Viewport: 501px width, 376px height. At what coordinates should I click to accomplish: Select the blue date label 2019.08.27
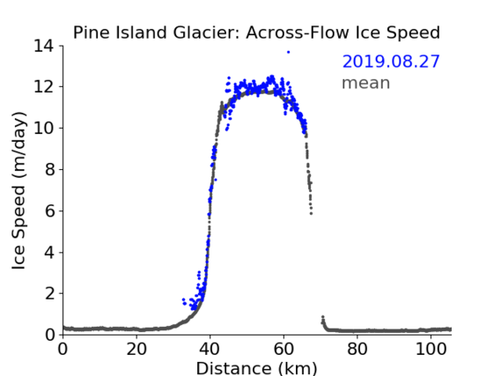[x=391, y=62]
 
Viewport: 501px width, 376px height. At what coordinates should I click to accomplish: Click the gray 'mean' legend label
[x=366, y=83]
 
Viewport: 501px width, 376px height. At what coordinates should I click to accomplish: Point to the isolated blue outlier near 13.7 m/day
[x=288, y=52]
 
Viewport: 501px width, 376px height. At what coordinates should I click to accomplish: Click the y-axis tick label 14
[x=43, y=46]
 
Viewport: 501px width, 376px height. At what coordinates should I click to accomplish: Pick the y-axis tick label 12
[x=43, y=86]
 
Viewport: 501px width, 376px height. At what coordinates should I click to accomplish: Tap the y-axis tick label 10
[x=43, y=128]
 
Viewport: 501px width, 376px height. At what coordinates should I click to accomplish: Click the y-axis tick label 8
[x=49, y=169]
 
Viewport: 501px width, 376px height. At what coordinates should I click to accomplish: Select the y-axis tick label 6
[x=49, y=210]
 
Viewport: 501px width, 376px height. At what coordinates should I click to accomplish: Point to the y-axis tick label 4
[x=49, y=253]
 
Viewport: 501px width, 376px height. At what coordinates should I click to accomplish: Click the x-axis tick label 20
[x=136, y=349]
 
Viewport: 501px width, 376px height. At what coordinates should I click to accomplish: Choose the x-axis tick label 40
[x=210, y=349]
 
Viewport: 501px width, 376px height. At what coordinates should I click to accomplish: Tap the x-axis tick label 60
[x=284, y=349]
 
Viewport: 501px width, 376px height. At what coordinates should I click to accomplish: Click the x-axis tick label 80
[x=357, y=349]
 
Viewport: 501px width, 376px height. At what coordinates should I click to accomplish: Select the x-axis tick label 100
[x=431, y=349]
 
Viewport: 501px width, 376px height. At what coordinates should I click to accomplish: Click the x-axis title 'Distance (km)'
[x=256, y=368]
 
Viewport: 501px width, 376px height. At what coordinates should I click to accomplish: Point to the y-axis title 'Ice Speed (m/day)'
[x=18, y=190]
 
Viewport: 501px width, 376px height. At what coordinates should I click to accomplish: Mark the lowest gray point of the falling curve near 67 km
[x=311, y=213]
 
